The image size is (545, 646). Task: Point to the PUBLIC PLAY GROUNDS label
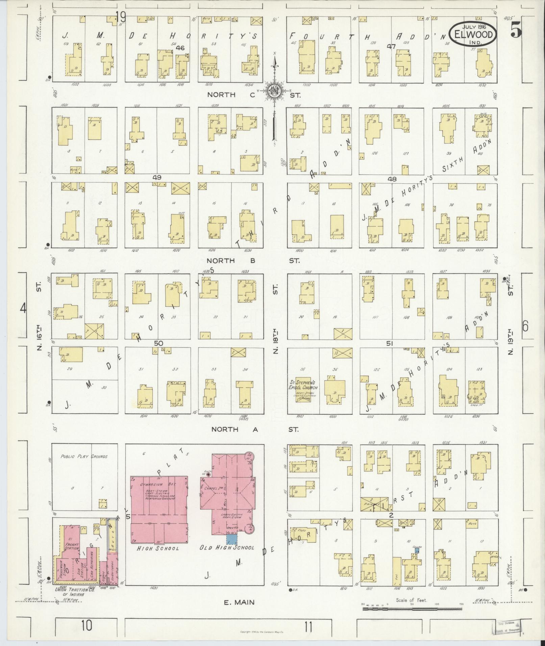84,457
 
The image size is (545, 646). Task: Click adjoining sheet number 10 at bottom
86,625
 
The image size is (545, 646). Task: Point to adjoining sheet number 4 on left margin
23,308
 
